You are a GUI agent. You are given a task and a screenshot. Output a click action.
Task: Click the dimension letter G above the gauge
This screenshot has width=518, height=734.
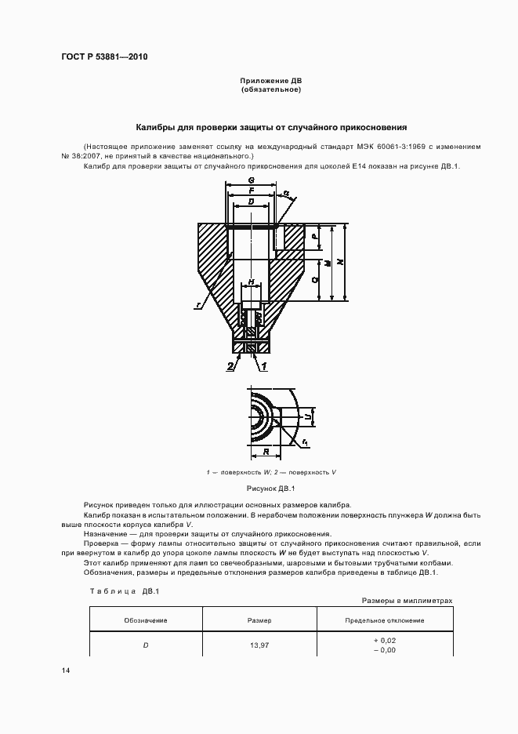coord(252,180)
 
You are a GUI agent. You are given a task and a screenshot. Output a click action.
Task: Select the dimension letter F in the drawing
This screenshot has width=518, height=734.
coord(251,191)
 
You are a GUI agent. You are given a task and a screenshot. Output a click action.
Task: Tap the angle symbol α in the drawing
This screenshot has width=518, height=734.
coord(286,193)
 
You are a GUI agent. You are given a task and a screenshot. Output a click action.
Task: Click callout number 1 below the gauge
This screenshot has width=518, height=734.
coord(265,366)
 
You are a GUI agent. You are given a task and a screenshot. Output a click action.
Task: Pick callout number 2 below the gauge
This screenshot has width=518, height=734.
coord(230,366)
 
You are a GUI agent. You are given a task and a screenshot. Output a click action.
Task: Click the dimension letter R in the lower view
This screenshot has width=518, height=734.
coord(266,452)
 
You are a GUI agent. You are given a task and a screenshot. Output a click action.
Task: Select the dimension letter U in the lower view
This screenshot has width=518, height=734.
coord(308,417)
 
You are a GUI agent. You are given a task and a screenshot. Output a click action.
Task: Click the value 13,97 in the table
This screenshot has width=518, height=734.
coord(259,645)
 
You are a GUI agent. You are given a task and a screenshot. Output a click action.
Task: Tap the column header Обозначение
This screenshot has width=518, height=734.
coord(146,620)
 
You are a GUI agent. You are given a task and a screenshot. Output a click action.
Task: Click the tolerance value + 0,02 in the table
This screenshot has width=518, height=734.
coord(385,641)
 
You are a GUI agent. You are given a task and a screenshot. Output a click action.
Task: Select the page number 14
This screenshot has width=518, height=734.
coord(65,671)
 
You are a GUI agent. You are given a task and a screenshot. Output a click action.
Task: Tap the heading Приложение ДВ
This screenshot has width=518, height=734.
coord(270,81)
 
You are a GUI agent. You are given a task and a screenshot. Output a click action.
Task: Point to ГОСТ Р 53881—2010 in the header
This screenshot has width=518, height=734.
coord(103,57)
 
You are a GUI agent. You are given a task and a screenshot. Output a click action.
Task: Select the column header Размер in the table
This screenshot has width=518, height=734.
coord(259,620)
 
